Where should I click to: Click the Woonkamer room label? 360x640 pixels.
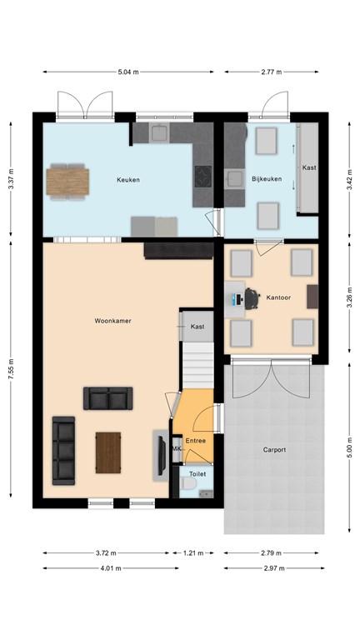[x=113, y=321]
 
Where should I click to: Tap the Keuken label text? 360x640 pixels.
[x=128, y=180]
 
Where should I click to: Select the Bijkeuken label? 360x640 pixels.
[x=267, y=179]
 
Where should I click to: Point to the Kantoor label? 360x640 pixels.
[x=278, y=297]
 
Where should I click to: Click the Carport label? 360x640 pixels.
[x=274, y=450]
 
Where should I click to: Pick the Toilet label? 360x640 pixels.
[x=197, y=474]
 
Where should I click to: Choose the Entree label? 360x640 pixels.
[x=196, y=441]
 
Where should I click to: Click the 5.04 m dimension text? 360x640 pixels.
[x=128, y=72]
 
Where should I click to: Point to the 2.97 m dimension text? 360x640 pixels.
[x=274, y=568]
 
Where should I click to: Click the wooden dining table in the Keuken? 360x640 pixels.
[x=67, y=182]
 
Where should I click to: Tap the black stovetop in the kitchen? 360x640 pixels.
[x=202, y=177]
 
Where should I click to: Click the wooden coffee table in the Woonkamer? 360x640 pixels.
[x=108, y=452]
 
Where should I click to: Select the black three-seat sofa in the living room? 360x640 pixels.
[x=63, y=451]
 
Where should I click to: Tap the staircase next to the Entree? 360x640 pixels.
[x=197, y=365]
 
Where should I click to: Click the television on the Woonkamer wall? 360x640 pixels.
[x=162, y=456]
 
